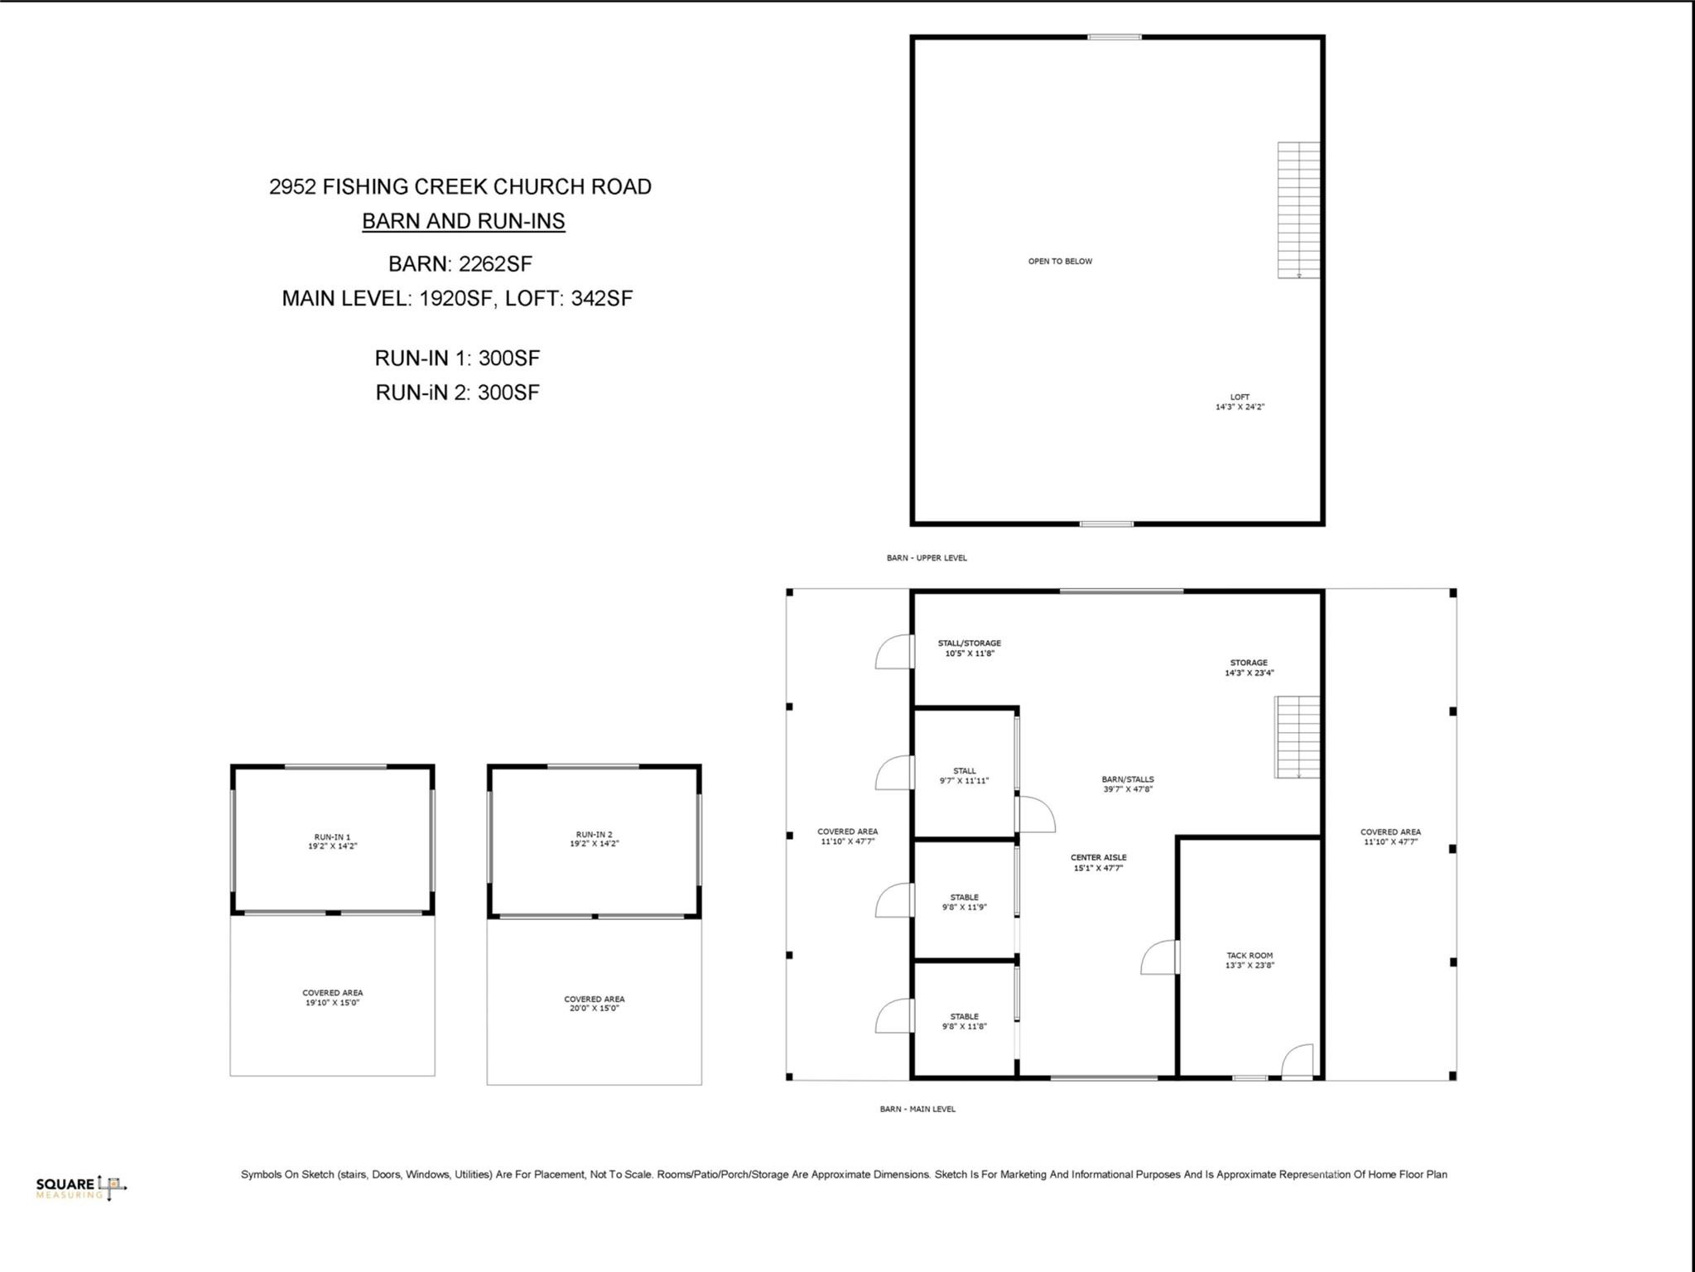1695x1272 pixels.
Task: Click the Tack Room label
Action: [1250, 960]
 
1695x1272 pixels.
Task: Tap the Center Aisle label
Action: [1098, 863]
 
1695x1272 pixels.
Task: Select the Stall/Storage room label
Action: [969, 648]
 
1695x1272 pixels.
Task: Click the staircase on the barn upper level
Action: [1298, 210]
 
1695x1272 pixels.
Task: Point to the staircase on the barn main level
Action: [1296, 736]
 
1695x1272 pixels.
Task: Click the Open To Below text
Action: [1060, 261]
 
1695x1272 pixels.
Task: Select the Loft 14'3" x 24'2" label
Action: [1240, 402]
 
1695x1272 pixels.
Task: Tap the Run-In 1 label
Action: [332, 841]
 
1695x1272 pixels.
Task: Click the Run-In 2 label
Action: [594, 839]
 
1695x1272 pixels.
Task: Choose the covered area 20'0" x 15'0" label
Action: [594, 1004]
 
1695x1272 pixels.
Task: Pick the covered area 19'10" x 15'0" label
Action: [332, 997]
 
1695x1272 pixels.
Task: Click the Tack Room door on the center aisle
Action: [1160, 957]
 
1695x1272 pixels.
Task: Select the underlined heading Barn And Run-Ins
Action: [463, 221]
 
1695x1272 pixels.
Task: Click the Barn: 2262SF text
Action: [460, 263]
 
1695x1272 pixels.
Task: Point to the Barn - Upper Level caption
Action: [926, 557]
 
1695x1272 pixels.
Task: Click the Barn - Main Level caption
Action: [917, 1109]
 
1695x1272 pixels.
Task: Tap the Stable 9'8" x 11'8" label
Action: [964, 1021]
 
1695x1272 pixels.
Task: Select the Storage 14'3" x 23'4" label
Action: [1249, 667]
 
